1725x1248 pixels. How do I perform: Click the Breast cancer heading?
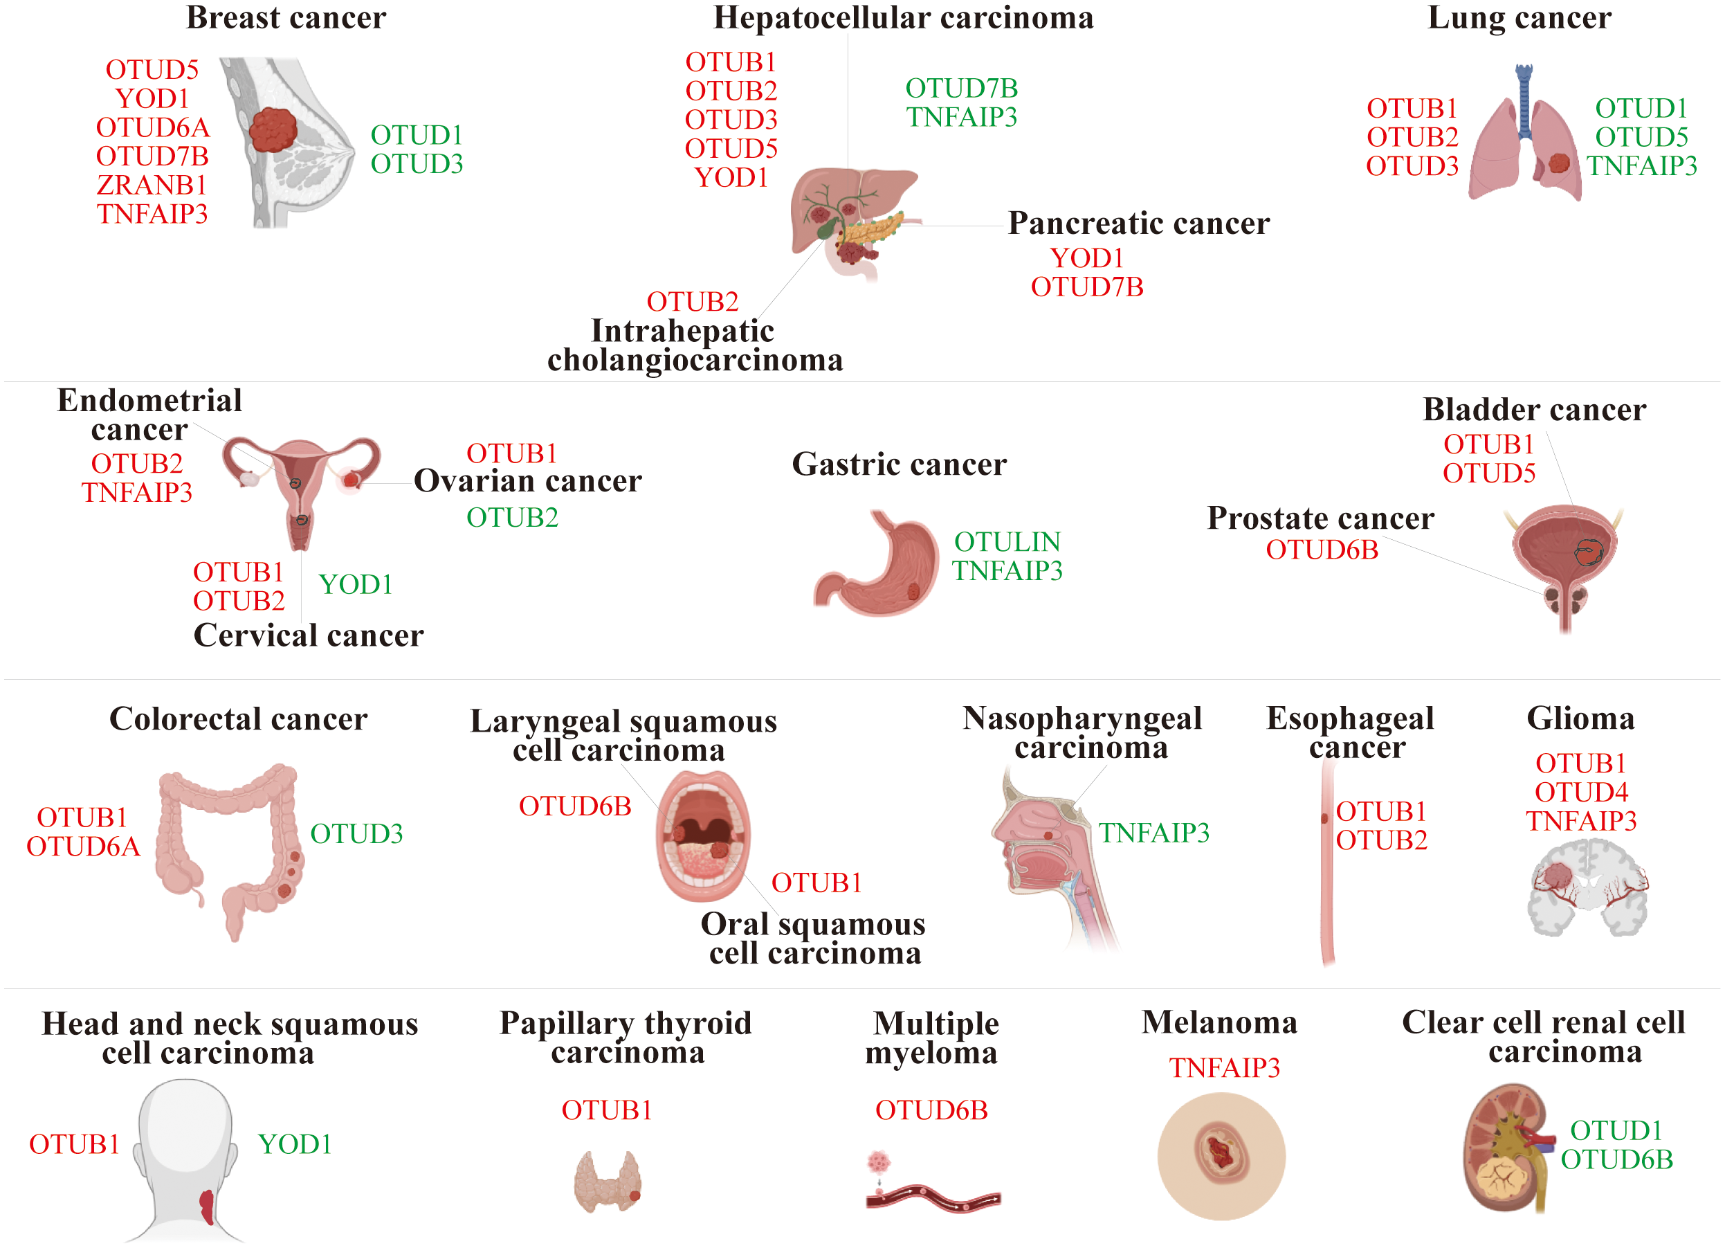(x=286, y=18)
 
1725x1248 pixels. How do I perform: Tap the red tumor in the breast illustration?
(x=273, y=129)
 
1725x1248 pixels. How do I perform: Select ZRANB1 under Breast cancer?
(x=152, y=185)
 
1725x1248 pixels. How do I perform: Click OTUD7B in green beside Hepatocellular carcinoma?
(x=961, y=89)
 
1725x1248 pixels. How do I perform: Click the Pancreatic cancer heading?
(x=1139, y=223)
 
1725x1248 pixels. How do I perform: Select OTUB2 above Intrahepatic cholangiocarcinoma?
(x=692, y=301)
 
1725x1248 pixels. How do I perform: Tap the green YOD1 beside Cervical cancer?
(x=355, y=584)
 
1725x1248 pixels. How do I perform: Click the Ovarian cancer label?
(x=528, y=481)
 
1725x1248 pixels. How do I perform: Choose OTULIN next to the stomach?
(x=1007, y=542)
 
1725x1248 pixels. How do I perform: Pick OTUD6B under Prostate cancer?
(x=1322, y=550)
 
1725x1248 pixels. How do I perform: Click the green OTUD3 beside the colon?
(x=356, y=834)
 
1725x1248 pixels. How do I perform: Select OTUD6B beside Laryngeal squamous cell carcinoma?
(x=575, y=806)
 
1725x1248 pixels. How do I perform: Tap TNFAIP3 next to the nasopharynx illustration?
(x=1153, y=833)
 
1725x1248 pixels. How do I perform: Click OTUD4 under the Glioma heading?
(x=1581, y=792)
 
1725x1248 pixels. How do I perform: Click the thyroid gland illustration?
(x=607, y=1181)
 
